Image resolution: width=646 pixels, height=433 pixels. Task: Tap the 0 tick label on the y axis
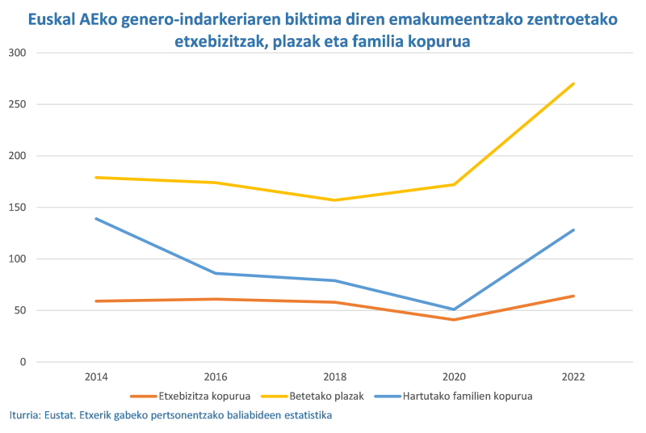[23, 362]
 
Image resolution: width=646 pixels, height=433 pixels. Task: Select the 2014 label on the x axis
[95, 377]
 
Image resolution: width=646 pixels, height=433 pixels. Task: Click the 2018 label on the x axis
[334, 377]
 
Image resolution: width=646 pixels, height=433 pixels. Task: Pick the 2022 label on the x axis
[573, 377]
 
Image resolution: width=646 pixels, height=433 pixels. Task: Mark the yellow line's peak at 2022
[573, 83]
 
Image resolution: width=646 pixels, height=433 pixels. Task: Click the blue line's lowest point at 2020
[454, 309]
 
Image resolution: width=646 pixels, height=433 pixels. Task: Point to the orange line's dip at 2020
[454, 320]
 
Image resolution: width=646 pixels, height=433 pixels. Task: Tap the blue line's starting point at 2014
[95, 218]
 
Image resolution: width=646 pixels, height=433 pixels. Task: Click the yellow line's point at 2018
[334, 200]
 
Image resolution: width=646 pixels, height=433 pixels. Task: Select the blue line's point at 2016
[215, 273]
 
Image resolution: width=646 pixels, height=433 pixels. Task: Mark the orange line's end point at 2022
[573, 296]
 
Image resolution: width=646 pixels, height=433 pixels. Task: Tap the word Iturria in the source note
[26, 415]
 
